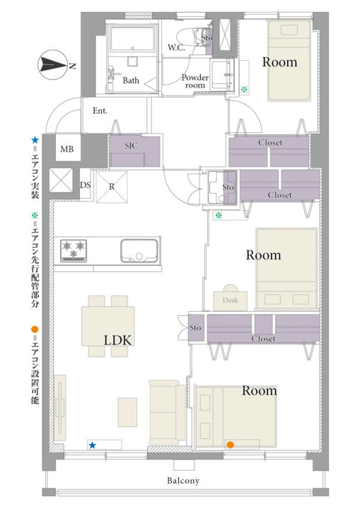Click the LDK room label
coord(117,340)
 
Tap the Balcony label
coord(183,481)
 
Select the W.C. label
coord(176,48)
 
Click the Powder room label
coord(195,81)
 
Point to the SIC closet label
coord(132,146)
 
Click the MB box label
coord(67,149)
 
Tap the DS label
coord(85,185)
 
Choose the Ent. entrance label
coord(100,111)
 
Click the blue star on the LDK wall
coord(93,445)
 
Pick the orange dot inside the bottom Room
coord(231,445)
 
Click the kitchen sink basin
coord(139,250)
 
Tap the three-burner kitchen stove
coord(74,250)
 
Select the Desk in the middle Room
coord(231,300)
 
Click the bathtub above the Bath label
coord(132,39)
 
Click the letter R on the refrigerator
coord(112,187)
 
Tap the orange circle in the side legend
coord(35,329)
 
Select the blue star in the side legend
coord(35,140)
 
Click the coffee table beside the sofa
coord(127,412)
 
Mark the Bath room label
coord(131,80)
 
